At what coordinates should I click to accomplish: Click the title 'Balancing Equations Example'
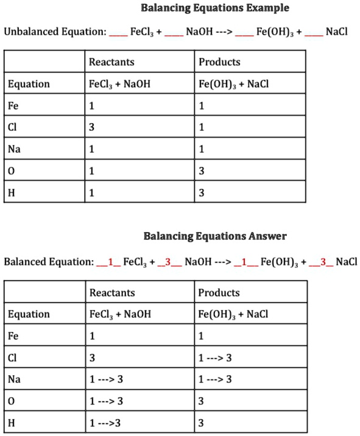[x=215, y=9]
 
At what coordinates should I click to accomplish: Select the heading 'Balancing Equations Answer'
[x=215, y=236]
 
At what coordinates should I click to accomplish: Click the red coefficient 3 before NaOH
[x=166, y=262]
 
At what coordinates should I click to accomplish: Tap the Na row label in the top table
[x=14, y=150]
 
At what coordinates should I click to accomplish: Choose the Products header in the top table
[x=219, y=62]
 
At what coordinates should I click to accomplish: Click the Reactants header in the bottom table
[x=112, y=293]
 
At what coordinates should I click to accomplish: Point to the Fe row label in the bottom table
[x=13, y=336]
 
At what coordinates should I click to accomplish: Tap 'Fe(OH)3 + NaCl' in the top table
[x=233, y=84]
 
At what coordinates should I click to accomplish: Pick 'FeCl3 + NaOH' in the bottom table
[x=120, y=315]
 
